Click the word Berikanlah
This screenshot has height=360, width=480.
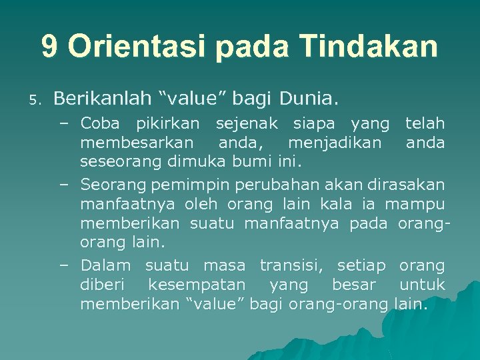click(x=101, y=99)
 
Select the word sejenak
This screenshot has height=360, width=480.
click(x=243, y=123)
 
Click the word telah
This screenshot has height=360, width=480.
click(x=425, y=123)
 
